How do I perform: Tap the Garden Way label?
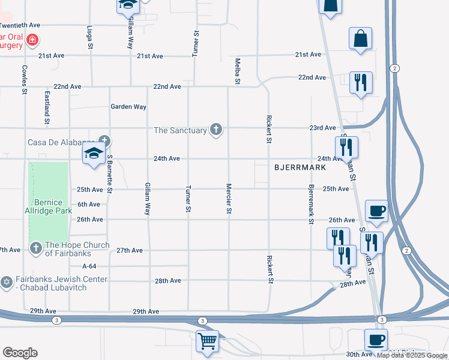click(x=128, y=107)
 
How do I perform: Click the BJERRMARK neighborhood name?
click(x=300, y=167)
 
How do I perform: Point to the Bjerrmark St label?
click(x=311, y=205)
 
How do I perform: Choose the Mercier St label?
click(x=229, y=198)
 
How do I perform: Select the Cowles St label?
click(x=25, y=79)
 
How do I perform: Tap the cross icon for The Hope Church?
click(x=35, y=247)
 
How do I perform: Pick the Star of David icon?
click(x=7, y=282)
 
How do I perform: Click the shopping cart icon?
click(x=207, y=341)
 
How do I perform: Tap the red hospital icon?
click(x=32, y=41)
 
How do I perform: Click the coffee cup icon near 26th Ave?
click(x=376, y=211)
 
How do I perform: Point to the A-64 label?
click(x=89, y=266)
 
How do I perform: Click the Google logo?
click(x=20, y=353)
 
